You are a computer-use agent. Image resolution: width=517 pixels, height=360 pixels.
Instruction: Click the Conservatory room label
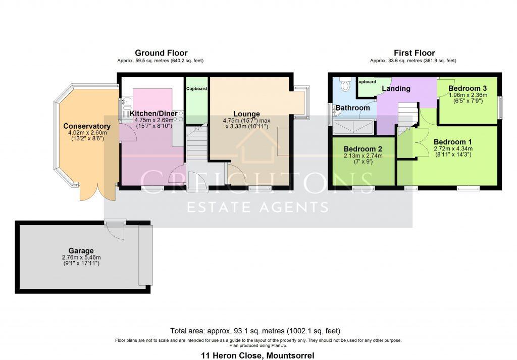tap(86, 126)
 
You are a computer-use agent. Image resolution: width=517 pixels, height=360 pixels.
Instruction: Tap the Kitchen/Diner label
tap(154, 114)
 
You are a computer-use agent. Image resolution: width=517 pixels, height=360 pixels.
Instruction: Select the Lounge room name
tap(246, 114)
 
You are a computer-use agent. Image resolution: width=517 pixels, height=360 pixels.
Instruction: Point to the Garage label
tap(81, 250)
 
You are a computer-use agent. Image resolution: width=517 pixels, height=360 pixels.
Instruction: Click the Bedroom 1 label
tap(452, 141)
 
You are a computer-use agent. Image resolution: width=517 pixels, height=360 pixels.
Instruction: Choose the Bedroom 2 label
tap(363, 149)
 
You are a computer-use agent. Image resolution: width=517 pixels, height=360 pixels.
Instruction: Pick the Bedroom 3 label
tap(468, 88)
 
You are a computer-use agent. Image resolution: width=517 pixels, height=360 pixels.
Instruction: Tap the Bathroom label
tap(353, 108)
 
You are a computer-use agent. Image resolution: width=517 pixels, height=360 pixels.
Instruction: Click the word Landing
tap(396, 88)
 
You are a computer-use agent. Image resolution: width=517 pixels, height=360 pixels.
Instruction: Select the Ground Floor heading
tap(161, 53)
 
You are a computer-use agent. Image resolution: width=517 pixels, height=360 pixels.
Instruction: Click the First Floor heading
tap(414, 53)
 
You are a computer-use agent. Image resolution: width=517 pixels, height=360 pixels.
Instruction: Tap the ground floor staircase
tap(196, 144)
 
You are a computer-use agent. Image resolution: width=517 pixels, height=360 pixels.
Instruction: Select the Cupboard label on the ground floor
tap(196, 88)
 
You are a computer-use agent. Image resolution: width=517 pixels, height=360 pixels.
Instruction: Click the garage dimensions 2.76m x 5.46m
tap(81, 258)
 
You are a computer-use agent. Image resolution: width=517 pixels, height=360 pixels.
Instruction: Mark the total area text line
tap(255, 331)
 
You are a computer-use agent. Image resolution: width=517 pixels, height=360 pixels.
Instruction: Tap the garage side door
tap(117, 230)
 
